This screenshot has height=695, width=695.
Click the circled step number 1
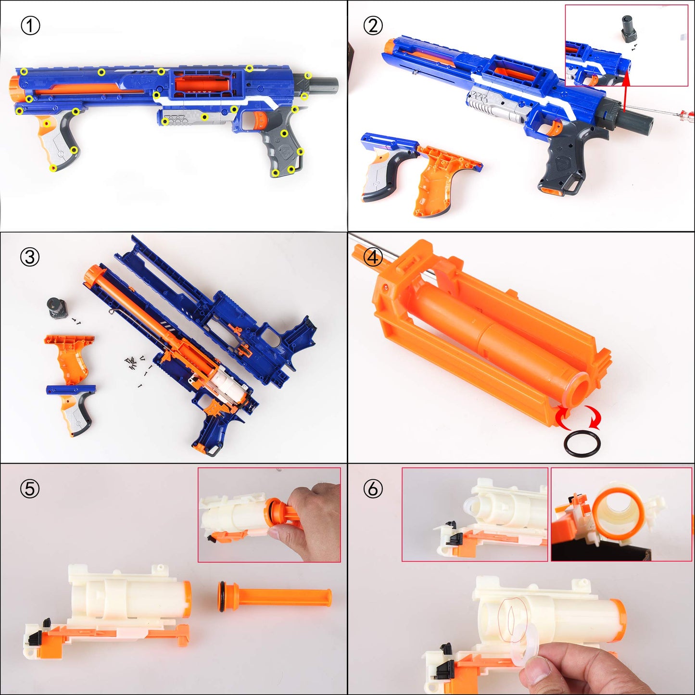[x=30, y=25]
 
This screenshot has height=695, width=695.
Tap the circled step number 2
[x=373, y=25]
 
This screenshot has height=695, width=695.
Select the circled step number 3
[x=30, y=257]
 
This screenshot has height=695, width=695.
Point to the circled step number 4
[x=373, y=257]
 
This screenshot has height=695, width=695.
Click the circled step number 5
[x=30, y=489]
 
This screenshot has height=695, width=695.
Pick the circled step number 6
[x=373, y=489]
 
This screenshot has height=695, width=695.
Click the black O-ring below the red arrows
[x=582, y=444]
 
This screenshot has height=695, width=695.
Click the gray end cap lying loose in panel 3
[x=58, y=308]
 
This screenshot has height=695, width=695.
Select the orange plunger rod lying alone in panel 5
[x=274, y=597]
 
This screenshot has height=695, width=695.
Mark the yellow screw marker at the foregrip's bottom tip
[x=53, y=168]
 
